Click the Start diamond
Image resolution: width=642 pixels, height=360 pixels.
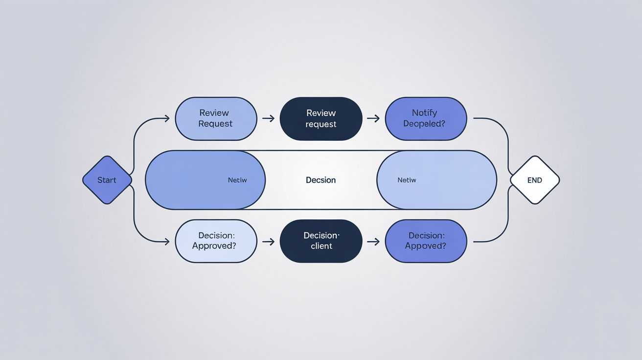107,180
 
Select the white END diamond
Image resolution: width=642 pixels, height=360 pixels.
534,180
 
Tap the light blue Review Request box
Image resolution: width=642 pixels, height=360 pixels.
216,118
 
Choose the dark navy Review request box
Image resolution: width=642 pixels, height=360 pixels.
321,118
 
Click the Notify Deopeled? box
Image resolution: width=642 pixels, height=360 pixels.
426,118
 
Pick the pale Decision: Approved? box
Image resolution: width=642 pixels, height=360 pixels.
216,241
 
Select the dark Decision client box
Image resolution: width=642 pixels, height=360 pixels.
321,241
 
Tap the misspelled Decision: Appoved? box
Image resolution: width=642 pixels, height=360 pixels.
426,241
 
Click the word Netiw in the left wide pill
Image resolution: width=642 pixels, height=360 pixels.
237,180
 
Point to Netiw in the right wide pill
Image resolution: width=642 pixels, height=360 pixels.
407,180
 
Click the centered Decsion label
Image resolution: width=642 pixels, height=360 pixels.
321,180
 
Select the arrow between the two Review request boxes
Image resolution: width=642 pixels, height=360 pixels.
268,118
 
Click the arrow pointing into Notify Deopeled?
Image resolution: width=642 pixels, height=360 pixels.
373,118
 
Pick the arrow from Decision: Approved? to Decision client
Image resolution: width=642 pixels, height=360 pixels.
268,241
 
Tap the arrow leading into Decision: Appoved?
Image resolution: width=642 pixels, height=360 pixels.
373,241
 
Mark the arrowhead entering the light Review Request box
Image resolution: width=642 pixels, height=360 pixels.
166,118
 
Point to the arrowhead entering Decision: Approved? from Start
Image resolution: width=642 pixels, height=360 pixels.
166,241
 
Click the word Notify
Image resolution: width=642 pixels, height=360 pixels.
424,113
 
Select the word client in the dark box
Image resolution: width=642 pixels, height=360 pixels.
321,247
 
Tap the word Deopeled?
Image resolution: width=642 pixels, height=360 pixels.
424,124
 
